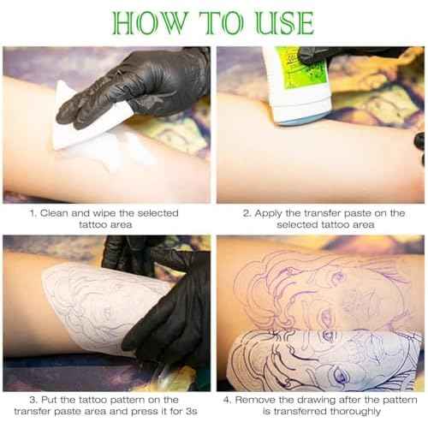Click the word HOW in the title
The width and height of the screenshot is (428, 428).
click(x=146, y=22)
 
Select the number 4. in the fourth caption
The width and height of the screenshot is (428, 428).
click(x=227, y=399)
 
